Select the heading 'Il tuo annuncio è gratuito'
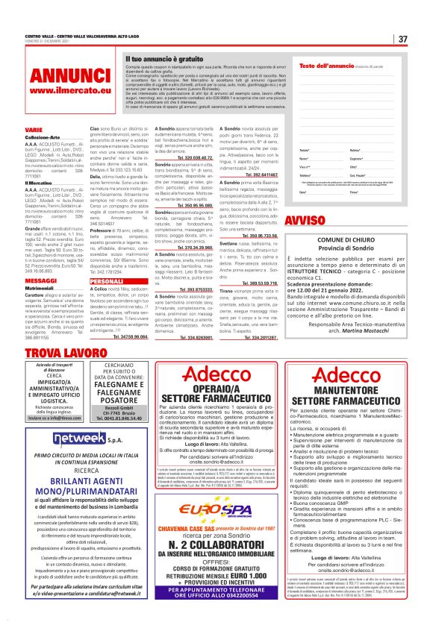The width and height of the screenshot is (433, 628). tap(162, 57)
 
